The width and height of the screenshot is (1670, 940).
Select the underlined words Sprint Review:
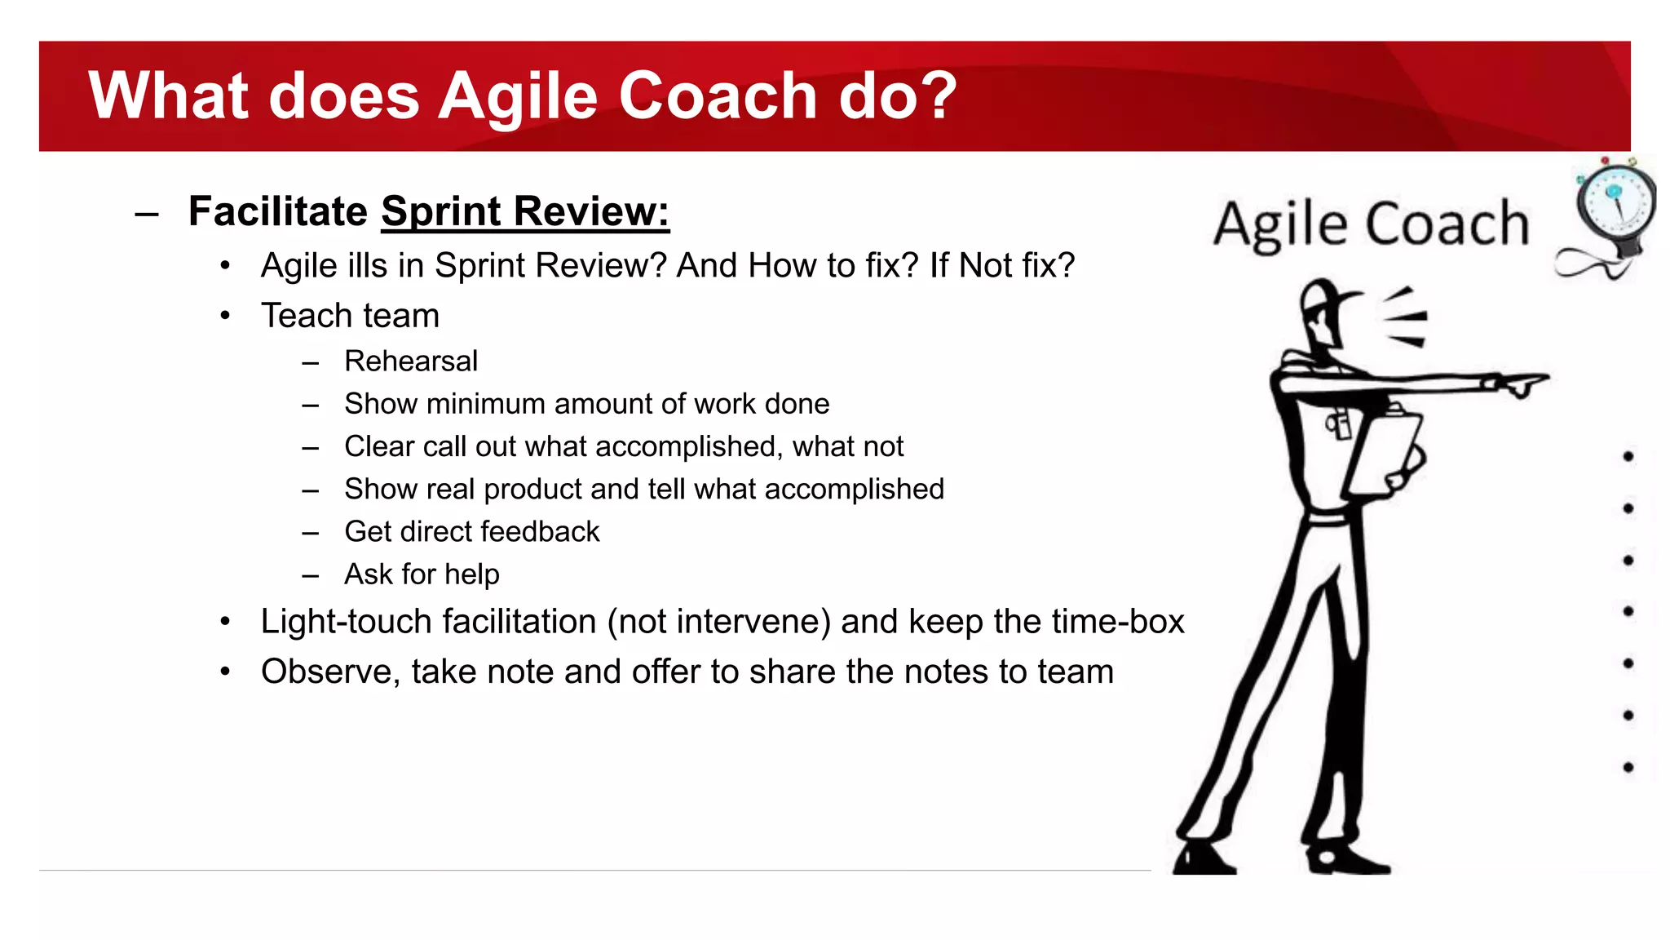(525, 211)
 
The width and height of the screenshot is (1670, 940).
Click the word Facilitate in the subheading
(278, 211)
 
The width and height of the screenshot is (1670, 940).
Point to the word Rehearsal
(411, 361)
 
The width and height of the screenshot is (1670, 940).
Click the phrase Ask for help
(422, 574)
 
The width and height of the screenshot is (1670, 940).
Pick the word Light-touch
(347, 622)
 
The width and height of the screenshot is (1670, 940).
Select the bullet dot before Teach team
(226, 316)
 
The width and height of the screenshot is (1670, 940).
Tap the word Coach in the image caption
(1447, 224)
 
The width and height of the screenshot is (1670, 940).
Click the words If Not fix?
(1002, 266)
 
